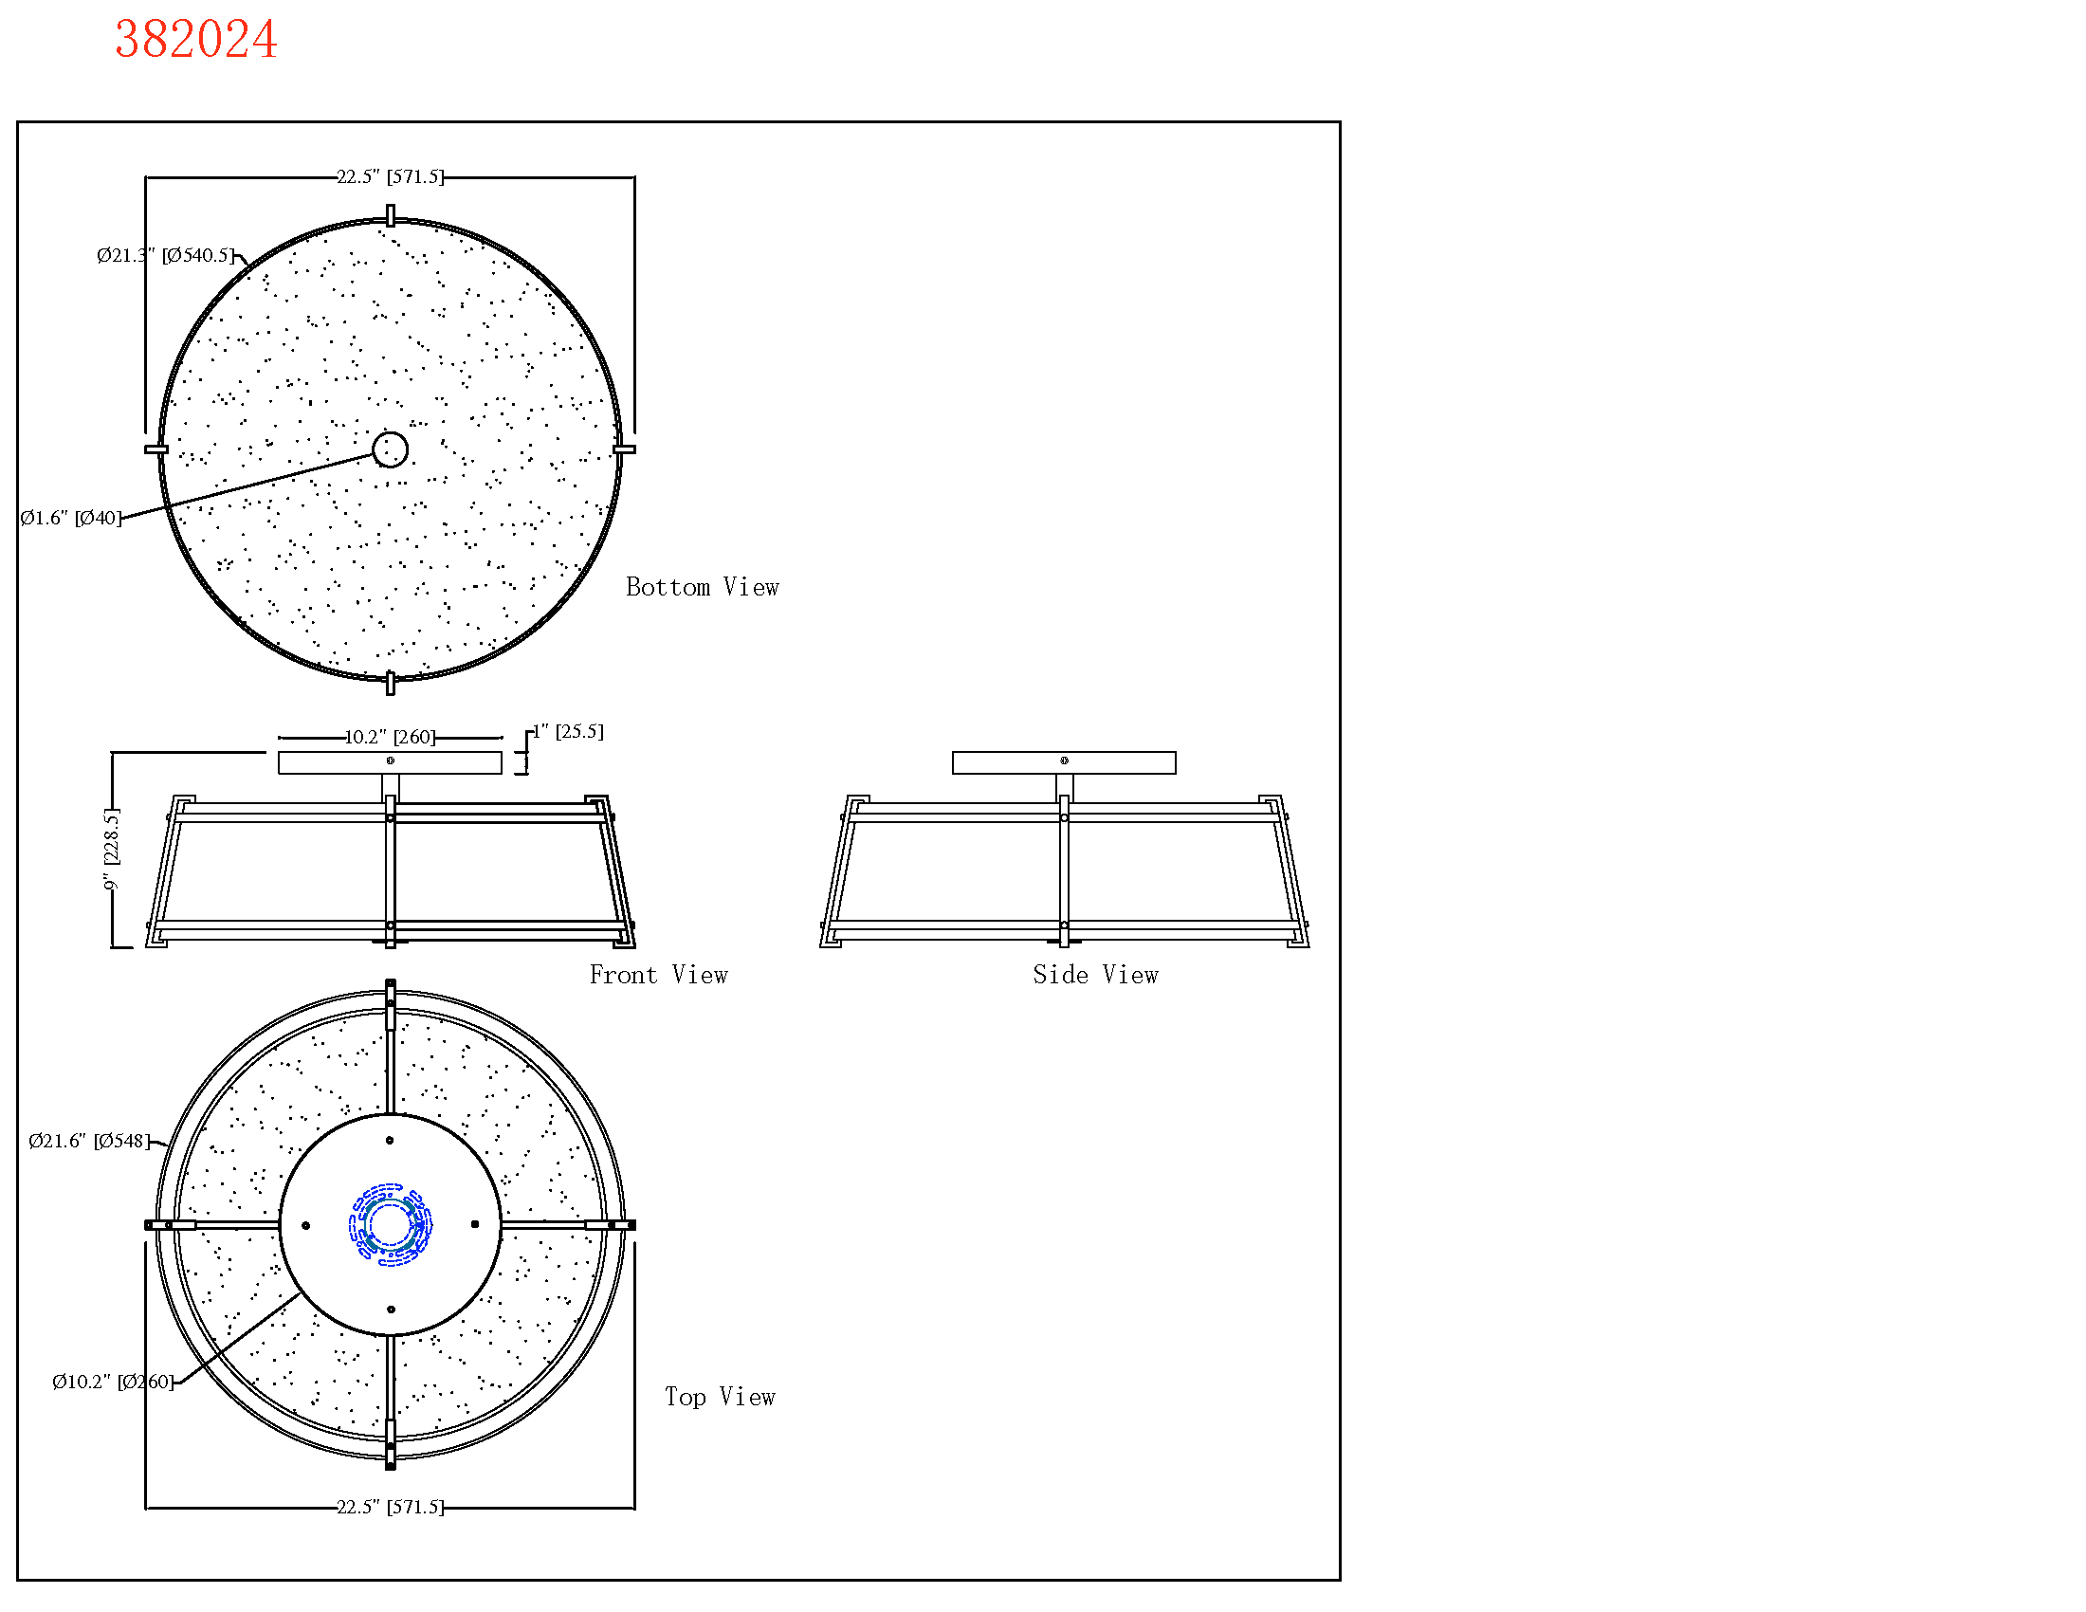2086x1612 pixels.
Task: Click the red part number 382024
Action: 196,40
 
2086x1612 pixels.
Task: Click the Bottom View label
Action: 702,587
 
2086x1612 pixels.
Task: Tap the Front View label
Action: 658,975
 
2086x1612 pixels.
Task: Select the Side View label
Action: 1094,975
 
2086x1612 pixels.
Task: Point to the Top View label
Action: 721,1397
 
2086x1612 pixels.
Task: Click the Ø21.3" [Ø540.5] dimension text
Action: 165,255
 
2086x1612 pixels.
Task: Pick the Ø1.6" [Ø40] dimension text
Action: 72,518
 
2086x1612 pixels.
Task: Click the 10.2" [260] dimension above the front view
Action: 390,737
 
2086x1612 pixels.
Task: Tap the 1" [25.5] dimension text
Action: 568,731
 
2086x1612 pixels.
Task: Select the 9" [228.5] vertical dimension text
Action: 112,850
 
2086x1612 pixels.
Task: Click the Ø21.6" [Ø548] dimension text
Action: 90,1141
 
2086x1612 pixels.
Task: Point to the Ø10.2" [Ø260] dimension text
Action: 113,1382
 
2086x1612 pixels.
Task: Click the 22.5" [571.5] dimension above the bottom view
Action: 390,176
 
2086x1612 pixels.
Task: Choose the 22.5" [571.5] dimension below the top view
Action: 390,1507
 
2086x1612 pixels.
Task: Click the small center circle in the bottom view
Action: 390,449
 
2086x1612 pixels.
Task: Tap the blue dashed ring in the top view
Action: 391,1225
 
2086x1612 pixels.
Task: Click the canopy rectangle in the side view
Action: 1064,762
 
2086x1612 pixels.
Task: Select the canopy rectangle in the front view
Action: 390,762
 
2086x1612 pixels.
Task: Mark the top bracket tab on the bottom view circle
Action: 390,215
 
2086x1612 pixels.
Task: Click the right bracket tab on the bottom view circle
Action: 624,449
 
